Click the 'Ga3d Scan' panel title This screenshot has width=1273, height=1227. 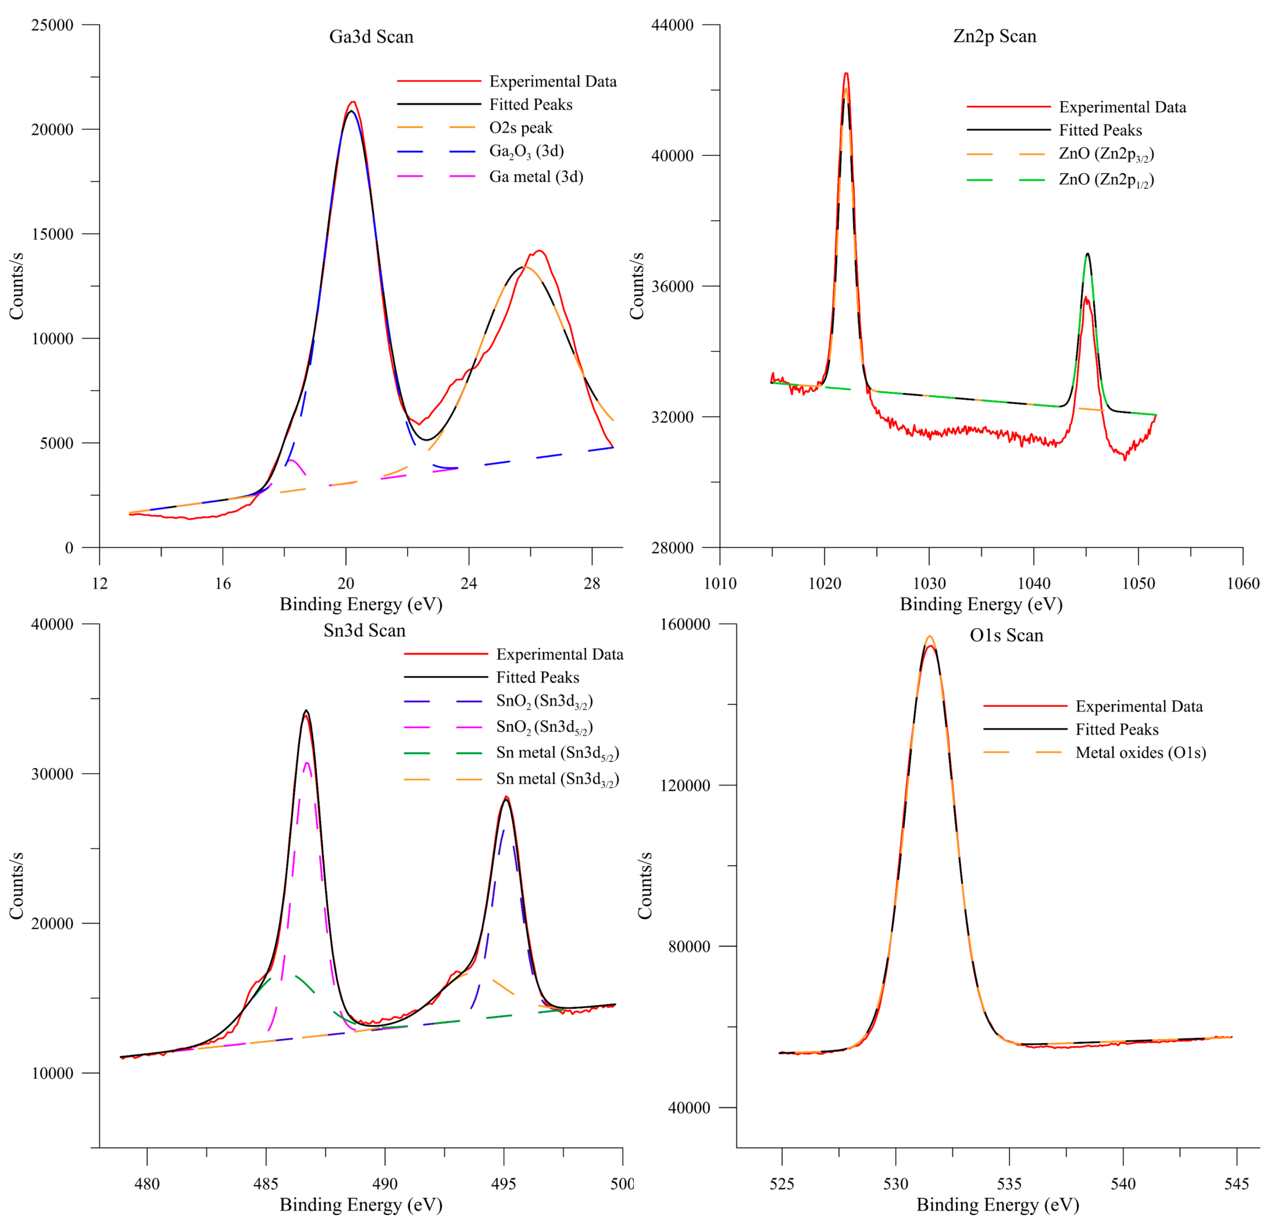click(371, 36)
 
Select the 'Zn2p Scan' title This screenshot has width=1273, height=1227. click(994, 36)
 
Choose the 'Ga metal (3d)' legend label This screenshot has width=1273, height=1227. click(536, 177)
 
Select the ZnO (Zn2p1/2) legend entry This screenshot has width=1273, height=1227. click(1106, 180)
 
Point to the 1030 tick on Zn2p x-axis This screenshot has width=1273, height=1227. click(929, 583)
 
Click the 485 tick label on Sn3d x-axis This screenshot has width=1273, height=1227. click(266, 1183)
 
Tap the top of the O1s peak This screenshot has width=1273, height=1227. click(929, 638)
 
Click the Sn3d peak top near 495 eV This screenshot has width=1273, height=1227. click(506, 798)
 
